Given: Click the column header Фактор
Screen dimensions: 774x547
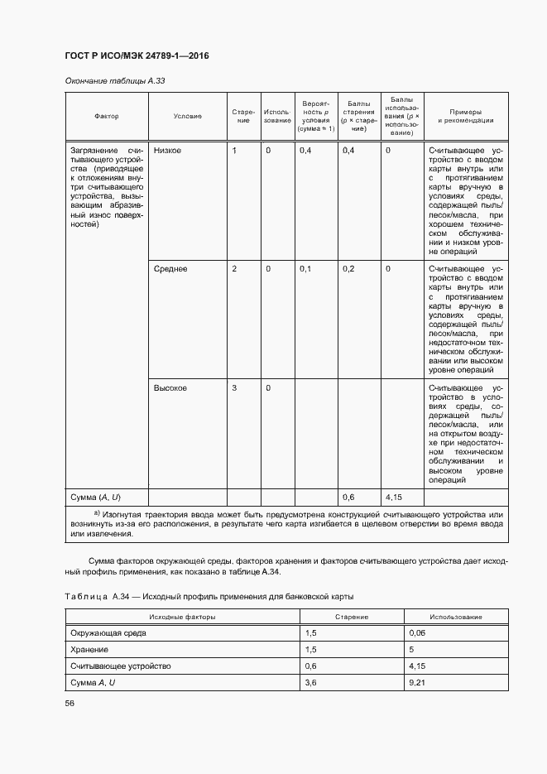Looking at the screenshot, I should click(107, 117).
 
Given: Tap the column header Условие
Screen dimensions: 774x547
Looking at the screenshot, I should click(187, 117).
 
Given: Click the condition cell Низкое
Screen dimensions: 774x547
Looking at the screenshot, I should click(167, 150).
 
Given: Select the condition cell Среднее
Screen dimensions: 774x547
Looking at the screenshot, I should click(170, 269).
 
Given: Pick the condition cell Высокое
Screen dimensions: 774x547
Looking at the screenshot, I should click(170, 387).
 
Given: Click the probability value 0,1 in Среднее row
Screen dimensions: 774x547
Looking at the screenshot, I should click(305, 269).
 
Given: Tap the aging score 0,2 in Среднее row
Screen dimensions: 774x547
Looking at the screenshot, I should click(348, 269).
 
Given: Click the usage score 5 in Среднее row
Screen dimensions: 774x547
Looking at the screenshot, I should click(388, 269).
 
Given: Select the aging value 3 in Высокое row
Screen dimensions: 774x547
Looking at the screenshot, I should click(234, 387).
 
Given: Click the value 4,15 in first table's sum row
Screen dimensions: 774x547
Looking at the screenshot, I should click(394, 497).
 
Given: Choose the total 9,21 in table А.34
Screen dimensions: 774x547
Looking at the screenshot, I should click(416, 682).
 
